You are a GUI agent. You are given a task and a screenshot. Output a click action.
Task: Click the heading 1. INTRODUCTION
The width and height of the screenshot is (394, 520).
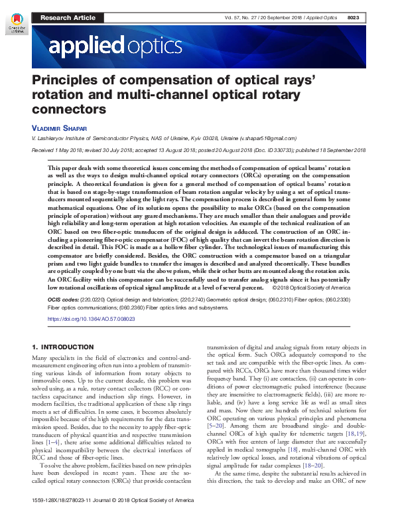pos(64,347)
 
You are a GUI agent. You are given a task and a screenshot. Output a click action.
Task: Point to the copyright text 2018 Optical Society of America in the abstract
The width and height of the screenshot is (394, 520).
pos(318,289)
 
